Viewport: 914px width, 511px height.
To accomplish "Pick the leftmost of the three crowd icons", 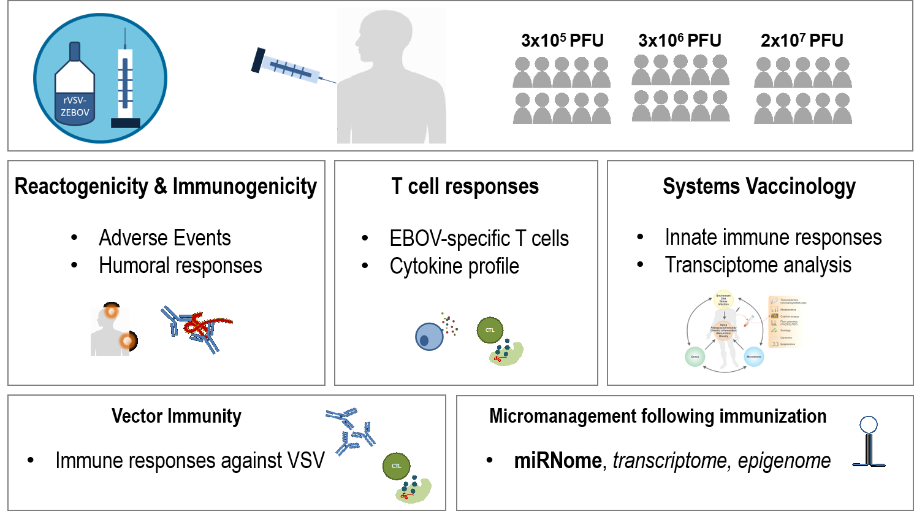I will click(563, 91).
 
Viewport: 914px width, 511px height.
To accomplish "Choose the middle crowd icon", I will click(682, 89).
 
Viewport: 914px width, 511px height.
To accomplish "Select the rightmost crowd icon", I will click(804, 91).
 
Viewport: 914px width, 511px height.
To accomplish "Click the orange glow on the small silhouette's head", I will click(111, 312).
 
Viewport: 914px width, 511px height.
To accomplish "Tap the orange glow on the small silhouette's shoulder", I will click(127, 340).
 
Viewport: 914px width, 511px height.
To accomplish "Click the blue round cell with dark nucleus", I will click(429, 337).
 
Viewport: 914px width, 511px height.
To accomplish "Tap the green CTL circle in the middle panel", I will click(490, 330).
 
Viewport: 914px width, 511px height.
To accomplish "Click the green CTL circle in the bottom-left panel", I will click(396, 466).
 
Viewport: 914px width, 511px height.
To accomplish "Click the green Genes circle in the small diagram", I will click(695, 356).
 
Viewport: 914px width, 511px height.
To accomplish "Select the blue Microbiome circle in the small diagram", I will click(753, 356).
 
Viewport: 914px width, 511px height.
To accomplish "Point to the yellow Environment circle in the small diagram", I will click(723, 300).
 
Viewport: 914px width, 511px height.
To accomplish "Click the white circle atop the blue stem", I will click(869, 425).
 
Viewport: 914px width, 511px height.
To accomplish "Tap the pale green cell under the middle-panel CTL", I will click(507, 354).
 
